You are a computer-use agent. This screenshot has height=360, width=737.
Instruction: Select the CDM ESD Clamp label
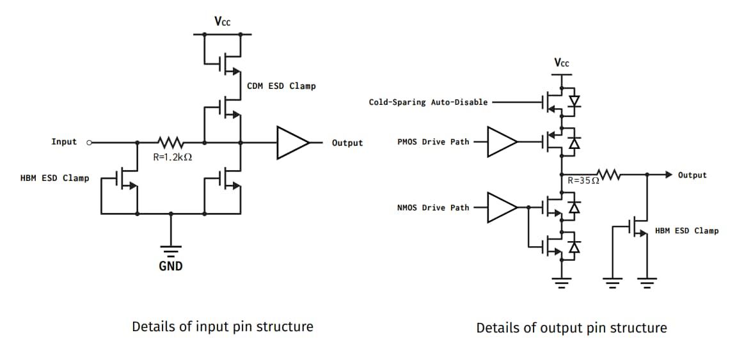281,86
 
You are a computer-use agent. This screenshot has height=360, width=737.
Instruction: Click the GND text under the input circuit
171,266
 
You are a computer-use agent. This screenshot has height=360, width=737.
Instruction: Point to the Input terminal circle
89,142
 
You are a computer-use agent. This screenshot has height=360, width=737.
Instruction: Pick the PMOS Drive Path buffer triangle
502,142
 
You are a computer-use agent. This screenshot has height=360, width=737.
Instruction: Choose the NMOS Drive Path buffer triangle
502,207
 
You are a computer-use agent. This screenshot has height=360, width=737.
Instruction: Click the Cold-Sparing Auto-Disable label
428,102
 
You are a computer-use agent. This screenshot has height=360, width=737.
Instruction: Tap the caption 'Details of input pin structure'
222,327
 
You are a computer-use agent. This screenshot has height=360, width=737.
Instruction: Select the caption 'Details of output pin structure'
571,328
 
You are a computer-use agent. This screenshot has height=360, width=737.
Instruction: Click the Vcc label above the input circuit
223,22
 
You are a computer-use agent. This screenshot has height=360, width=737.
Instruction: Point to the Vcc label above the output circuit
561,63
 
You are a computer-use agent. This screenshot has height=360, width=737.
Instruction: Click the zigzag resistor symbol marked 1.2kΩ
170,142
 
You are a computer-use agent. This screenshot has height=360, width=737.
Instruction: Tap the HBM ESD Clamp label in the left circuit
55,178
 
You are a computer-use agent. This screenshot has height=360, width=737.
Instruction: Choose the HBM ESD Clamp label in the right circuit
686,231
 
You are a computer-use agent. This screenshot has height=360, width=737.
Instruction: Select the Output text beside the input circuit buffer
347,143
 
